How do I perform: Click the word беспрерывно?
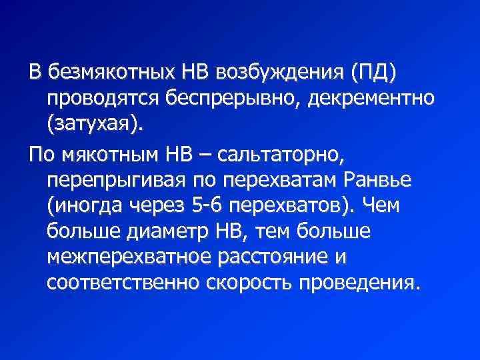[x=222, y=97]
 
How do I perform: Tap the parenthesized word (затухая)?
[x=86, y=124]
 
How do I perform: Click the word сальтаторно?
[x=280, y=155]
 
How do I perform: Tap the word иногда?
[x=83, y=207]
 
